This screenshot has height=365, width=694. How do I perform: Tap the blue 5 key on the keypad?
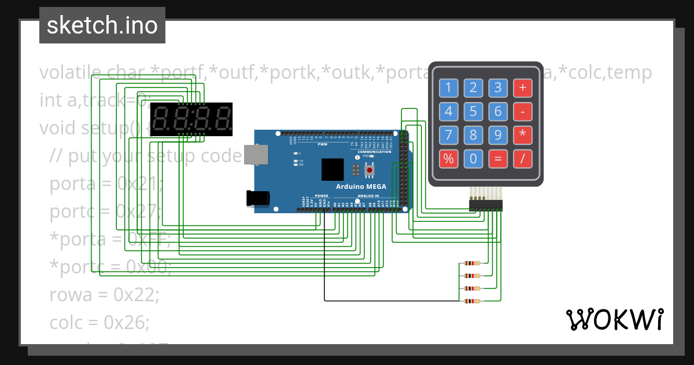(x=473, y=111)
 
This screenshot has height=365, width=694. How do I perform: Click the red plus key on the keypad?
(x=522, y=88)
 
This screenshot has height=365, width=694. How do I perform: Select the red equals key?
(x=498, y=158)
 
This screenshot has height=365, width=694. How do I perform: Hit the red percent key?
(x=448, y=158)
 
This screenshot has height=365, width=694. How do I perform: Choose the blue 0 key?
(x=473, y=158)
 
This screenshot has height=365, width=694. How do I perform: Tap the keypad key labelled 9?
(x=498, y=135)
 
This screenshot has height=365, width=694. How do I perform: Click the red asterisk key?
(x=522, y=135)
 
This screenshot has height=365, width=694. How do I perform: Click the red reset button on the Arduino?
(x=368, y=170)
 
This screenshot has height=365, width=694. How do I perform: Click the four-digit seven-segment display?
(x=191, y=119)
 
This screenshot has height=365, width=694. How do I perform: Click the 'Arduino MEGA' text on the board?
(x=360, y=187)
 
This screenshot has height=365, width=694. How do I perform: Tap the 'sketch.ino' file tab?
(x=102, y=25)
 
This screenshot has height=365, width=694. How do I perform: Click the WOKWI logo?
(x=614, y=319)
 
